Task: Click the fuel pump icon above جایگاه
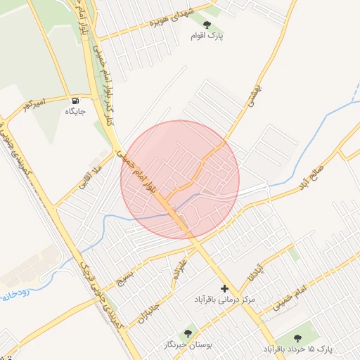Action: pos(75,100)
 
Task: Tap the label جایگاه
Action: pos(75,111)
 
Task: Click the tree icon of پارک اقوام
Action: pos(205,25)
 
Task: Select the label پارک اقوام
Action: pos(205,35)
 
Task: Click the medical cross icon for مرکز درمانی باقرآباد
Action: pos(225,288)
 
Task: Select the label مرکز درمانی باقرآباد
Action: pos(224,300)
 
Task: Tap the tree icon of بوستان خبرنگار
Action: pos(188,333)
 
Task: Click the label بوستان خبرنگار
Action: pos(187,345)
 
